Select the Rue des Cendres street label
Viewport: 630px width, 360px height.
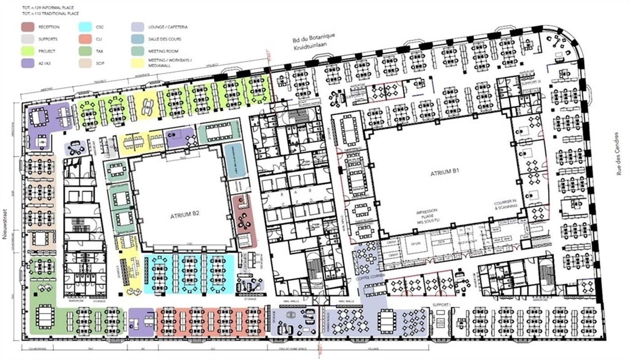click(619, 154)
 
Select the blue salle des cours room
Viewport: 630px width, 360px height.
click(236, 161)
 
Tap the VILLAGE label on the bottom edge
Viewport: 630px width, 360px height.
click(373, 349)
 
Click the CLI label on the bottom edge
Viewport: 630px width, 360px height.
click(213, 349)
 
